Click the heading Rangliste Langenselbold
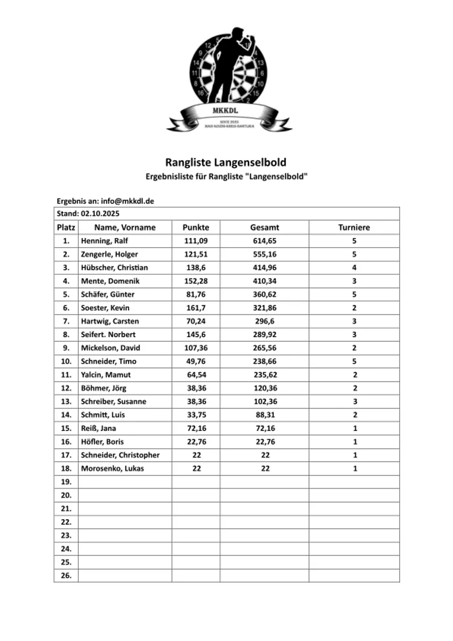tap(226, 163)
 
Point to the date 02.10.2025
tap(100, 214)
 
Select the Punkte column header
tap(196, 227)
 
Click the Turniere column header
tap(354, 227)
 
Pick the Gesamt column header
tap(264, 227)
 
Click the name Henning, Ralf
tap(105, 241)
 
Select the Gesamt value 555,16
tap(264, 254)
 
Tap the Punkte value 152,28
tap(196, 281)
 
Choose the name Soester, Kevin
tap(105, 308)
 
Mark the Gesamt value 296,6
tap(264, 321)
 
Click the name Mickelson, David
tap(110, 347)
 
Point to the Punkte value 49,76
tap(196, 361)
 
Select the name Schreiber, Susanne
tap(114, 401)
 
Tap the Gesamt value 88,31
tap(264, 414)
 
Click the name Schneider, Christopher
tap(121, 455)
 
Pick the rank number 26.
tap(66, 576)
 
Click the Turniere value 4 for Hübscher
tap(354, 268)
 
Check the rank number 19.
tap(66, 482)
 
